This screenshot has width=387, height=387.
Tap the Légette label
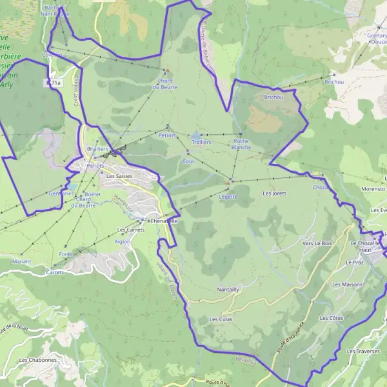click(228, 197)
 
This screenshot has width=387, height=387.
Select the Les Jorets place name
click(275, 193)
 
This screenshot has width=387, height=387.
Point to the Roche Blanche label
click(241, 144)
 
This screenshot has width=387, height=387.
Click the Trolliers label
click(202, 141)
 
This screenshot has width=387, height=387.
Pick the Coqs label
click(189, 161)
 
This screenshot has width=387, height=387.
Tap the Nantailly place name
click(228, 290)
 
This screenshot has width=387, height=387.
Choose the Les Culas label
click(221, 319)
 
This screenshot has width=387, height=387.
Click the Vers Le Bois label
click(317, 243)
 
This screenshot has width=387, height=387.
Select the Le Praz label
click(355, 263)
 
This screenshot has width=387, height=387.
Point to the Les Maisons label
click(347, 284)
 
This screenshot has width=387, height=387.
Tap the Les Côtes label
click(332, 318)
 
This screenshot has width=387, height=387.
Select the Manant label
click(21, 262)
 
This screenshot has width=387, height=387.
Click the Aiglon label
click(122, 241)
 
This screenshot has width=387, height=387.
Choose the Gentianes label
click(61, 193)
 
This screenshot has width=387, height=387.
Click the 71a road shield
click(54, 83)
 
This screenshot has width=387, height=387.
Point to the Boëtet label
click(93, 193)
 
